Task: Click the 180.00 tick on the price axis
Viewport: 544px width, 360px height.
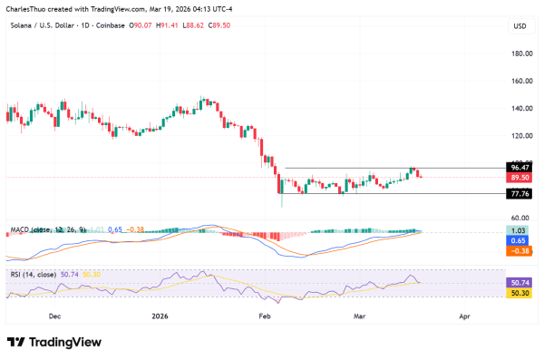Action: pyautogui.click(x=520, y=54)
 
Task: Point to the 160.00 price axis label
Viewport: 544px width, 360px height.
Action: pyautogui.click(x=520, y=81)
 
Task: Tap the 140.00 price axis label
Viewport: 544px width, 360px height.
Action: pyautogui.click(x=520, y=108)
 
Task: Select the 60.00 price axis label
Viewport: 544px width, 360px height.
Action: pyautogui.click(x=520, y=219)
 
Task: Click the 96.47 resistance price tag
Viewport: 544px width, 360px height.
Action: pyautogui.click(x=520, y=168)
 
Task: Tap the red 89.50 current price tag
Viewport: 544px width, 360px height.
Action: pyautogui.click(x=520, y=179)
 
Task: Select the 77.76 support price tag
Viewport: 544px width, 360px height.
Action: pyautogui.click(x=520, y=194)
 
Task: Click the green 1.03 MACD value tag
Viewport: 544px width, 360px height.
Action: pyautogui.click(x=520, y=232)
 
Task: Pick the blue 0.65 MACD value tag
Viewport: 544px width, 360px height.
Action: pyautogui.click(x=520, y=241)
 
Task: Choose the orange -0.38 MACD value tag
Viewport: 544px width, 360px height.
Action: pyautogui.click(x=520, y=251)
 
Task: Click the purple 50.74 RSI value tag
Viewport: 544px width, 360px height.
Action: pyautogui.click(x=520, y=283)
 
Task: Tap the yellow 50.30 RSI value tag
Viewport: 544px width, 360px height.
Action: pyautogui.click(x=520, y=293)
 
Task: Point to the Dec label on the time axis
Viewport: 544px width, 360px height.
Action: pyautogui.click(x=54, y=316)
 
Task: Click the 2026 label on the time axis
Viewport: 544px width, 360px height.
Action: pyautogui.click(x=160, y=316)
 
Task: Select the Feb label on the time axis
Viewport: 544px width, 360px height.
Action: pyautogui.click(x=265, y=316)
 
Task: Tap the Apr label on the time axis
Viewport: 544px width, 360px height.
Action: pyautogui.click(x=464, y=316)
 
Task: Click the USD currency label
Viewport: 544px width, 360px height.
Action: pyautogui.click(x=520, y=25)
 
